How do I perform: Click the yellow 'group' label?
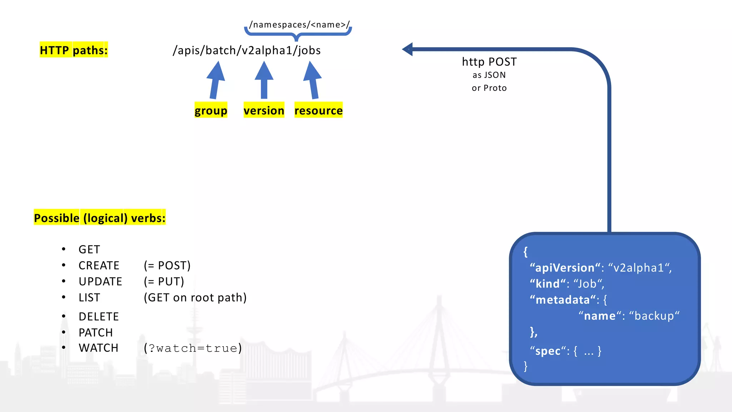pos(211,110)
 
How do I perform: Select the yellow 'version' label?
pos(264,110)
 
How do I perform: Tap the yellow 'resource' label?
pos(318,110)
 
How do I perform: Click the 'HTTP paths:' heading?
pos(74,50)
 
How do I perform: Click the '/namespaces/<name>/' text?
pos(300,24)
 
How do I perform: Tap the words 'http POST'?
pos(489,62)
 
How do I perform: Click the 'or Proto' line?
pos(489,88)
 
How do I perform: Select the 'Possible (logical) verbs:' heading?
pos(100,218)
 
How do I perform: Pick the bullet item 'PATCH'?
pos(95,333)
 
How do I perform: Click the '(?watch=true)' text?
pos(193,348)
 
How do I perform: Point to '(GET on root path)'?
pos(195,298)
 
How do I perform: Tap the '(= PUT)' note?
pos(164,281)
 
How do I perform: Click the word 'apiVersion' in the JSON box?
pos(565,268)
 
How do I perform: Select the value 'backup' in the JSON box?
pos(654,316)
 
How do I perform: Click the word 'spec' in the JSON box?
pos(548,351)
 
